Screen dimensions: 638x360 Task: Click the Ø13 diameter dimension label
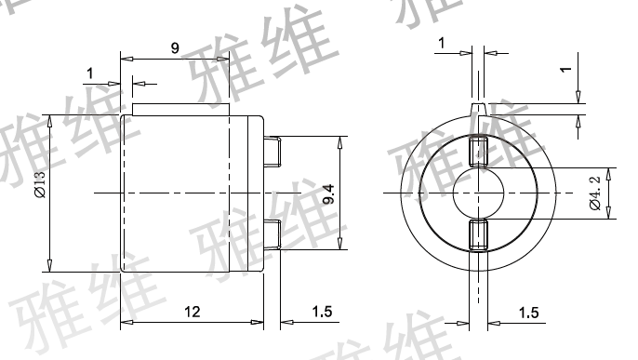[x=41, y=184]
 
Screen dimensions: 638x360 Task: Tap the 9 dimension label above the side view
[x=175, y=48]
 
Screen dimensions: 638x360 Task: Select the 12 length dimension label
[x=192, y=312]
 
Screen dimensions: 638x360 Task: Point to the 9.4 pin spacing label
[x=328, y=193]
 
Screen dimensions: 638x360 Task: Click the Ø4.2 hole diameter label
[x=595, y=193]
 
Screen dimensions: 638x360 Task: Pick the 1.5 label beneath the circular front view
[x=528, y=313]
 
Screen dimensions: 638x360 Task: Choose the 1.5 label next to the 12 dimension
[x=322, y=312]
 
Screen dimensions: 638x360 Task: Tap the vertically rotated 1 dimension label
[x=565, y=70]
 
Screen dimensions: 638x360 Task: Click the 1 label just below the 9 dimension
[x=90, y=73]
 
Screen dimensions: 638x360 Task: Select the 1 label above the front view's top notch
[x=442, y=43]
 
